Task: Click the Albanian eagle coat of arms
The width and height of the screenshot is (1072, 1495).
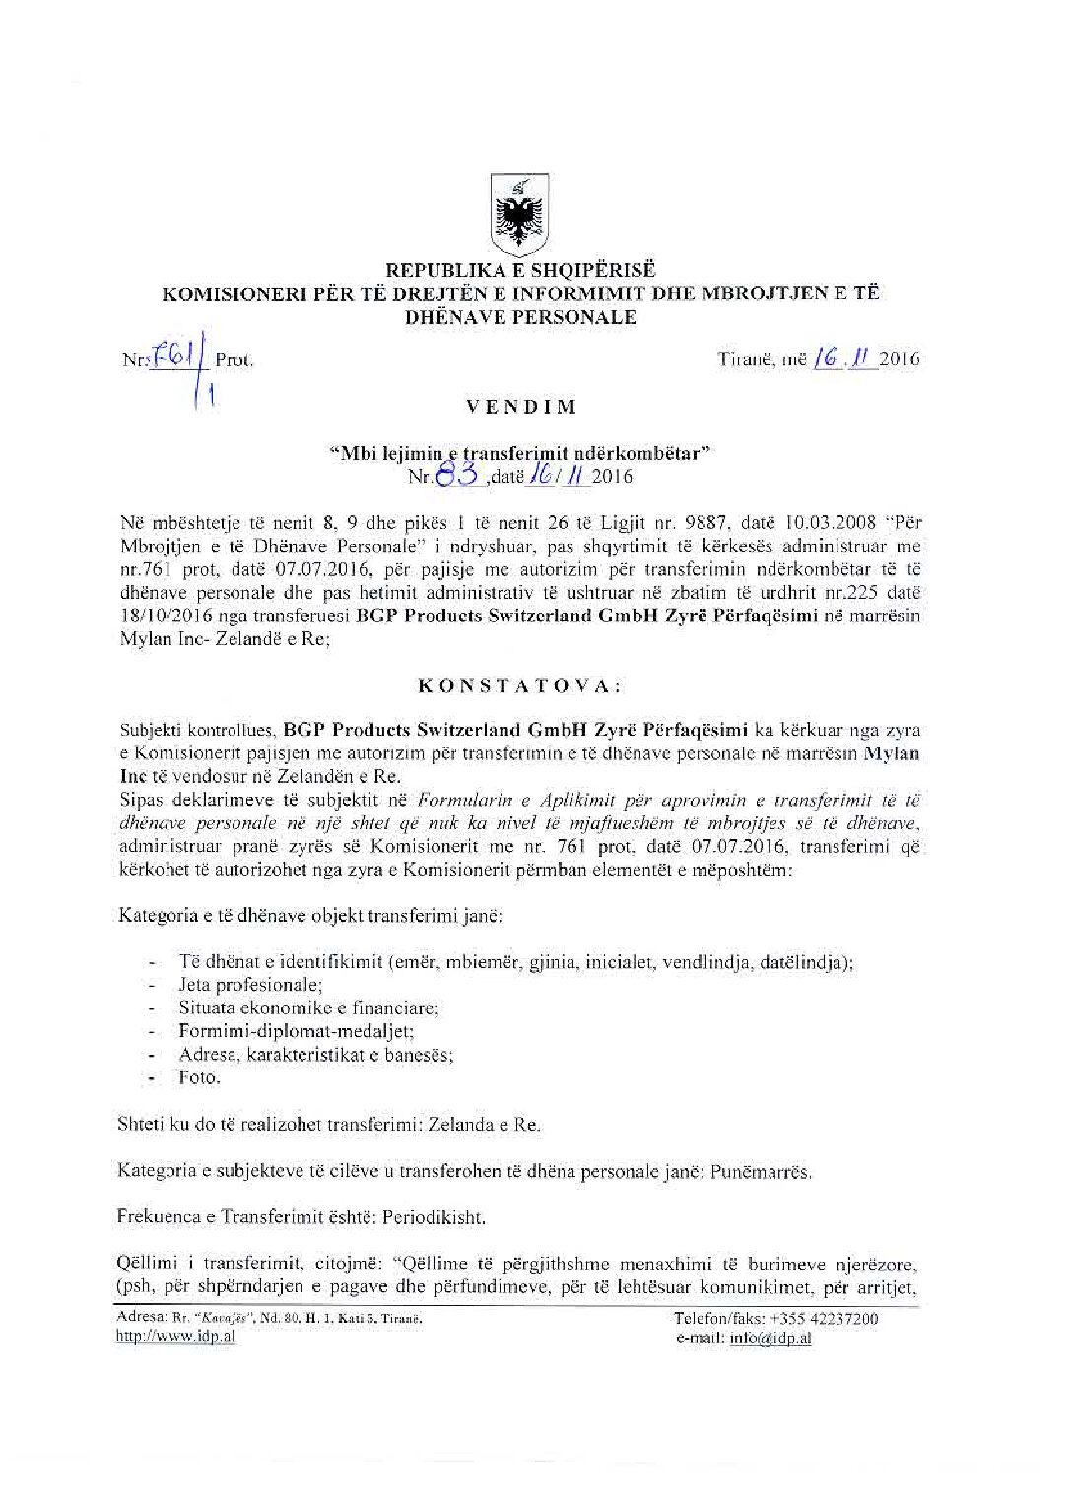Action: [519, 215]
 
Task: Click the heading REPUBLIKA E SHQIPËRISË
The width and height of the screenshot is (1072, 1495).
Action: [520, 269]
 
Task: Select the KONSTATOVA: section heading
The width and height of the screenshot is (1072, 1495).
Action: [519, 685]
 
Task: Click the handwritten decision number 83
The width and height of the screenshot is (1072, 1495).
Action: [458, 477]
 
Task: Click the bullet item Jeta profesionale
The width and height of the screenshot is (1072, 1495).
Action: [250, 984]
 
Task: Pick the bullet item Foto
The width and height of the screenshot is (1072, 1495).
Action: [199, 1077]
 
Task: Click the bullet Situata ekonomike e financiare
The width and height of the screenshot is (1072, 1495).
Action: [308, 1007]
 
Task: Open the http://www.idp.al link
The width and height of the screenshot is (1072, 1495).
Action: [175, 1336]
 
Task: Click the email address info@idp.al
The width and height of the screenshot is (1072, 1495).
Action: [770, 1337]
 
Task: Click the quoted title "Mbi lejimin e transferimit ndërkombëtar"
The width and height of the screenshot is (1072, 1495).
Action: [519, 454]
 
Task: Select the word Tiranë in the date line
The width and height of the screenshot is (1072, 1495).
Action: [748, 359]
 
